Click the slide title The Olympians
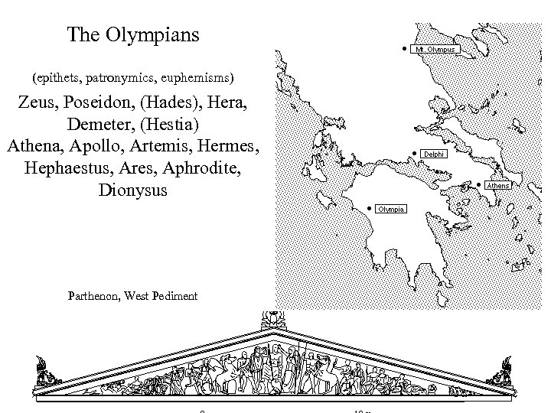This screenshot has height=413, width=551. coord(133,34)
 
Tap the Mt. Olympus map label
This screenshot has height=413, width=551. coord(435,50)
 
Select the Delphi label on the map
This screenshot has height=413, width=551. coord(432,154)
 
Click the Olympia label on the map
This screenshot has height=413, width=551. coord(390,209)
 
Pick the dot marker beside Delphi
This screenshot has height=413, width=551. coord(413,154)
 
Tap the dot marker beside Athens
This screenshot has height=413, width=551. coord(478,185)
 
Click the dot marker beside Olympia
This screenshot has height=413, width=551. coord(369,208)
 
